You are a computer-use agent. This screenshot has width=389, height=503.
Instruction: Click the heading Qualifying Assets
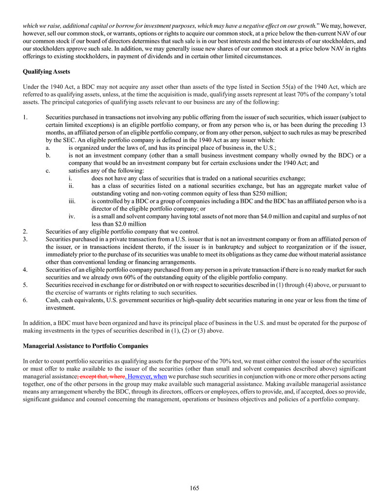tap(47, 72)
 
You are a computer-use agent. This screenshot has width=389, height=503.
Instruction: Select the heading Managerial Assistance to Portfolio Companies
tap(86, 346)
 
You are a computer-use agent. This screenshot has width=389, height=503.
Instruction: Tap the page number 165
tap(195, 488)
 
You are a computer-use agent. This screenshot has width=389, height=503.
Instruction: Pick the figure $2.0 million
tap(129, 224)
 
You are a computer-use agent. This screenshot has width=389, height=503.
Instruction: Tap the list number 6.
tap(25, 301)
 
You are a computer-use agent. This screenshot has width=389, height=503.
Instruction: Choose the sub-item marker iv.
tap(72, 216)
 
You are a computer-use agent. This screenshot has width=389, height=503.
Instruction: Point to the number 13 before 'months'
tap(363, 125)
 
